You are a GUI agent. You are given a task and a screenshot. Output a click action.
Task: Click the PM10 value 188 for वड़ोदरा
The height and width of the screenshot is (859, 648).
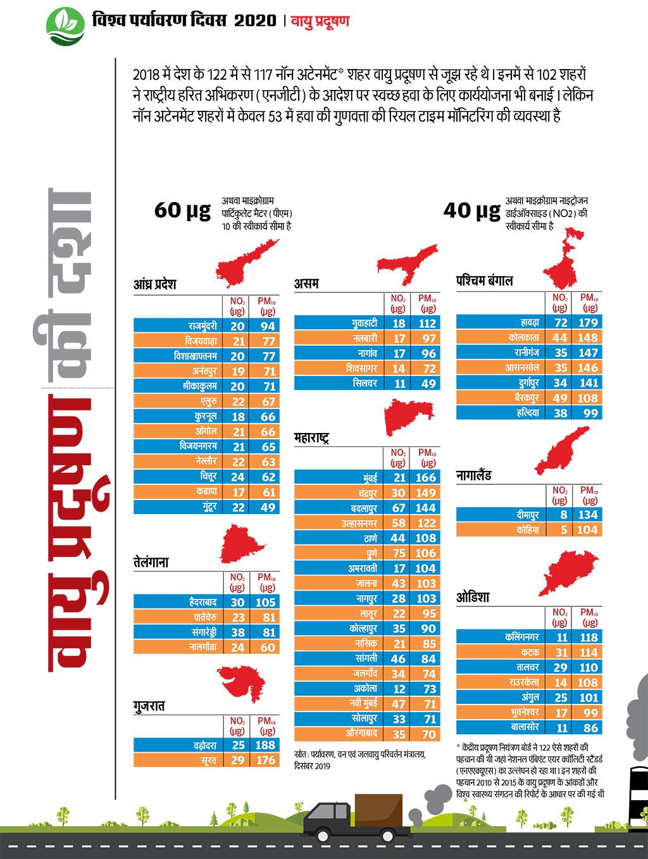coord(266,746)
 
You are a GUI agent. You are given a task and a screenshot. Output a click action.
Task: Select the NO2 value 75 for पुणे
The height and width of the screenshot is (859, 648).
coord(397,553)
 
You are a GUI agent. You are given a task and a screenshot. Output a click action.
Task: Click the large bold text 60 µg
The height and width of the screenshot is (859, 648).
coord(182,210)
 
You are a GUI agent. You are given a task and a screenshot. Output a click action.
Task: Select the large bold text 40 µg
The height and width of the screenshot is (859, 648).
coord(471,210)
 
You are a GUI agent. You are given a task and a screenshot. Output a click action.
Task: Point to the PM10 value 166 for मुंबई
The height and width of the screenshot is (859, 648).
coord(426,477)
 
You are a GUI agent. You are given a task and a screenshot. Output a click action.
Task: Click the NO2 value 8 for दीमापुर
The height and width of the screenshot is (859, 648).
coord(561,515)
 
